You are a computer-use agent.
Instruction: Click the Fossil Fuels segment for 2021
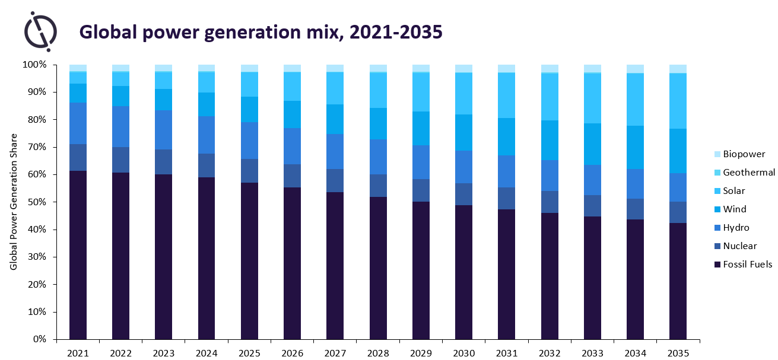(78, 255)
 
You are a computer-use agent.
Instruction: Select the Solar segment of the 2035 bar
(678, 101)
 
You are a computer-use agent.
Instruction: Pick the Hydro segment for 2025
(249, 141)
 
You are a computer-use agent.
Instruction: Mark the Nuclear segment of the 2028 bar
(378, 186)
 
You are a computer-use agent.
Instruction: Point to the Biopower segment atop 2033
(592, 68)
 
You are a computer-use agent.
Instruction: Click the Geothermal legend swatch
(718, 173)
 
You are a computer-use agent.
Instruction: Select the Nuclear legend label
(740, 246)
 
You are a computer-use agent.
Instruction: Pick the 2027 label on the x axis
(335, 353)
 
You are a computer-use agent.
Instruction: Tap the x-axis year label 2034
(635, 353)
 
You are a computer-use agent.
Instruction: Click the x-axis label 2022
(121, 353)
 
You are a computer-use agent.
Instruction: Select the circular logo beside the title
(40, 30)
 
